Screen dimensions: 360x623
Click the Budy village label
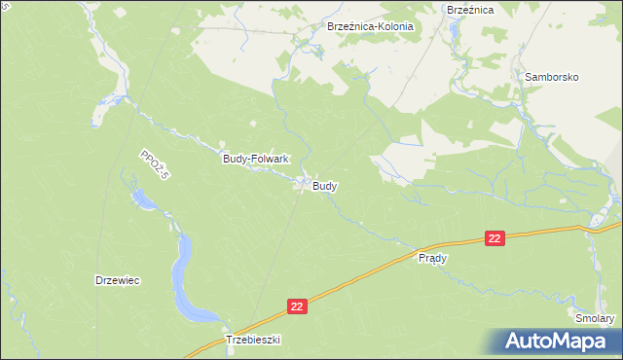click(x=325, y=185)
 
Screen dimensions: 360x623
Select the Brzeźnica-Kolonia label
click(x=371, y=27)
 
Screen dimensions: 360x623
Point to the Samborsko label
click(x=552, y=76)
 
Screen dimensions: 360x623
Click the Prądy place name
click(x=432, y=259)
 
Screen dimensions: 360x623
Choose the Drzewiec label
click(x=118, y=280)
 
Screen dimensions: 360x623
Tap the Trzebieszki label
click(x=253, y=340)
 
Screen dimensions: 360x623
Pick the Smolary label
click(x=595, y=318)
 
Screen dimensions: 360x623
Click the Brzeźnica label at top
click(x=470, y=9)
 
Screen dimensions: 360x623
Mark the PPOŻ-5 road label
click(x=154, y=164)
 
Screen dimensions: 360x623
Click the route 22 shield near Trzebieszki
click(x=299, y=306)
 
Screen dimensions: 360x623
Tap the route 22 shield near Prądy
click(x=495, y=238)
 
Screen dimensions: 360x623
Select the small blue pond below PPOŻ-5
click(x=141, y=200)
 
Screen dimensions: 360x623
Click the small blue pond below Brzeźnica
click(x=454, y=29)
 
